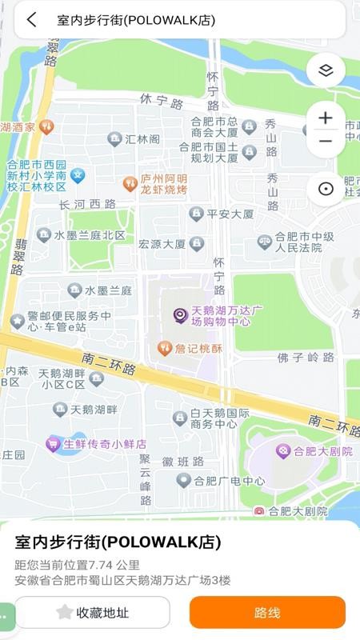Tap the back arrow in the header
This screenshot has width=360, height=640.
click(x=31, y=20)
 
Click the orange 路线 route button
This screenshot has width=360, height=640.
click(x=267, y=613)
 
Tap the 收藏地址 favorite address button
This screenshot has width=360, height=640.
click(x=92, y=613)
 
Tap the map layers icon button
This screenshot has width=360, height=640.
click(x=326, y=70)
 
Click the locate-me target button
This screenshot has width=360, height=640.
click(x=326, y=190)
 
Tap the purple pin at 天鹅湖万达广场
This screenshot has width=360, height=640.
click(x=181, y=315)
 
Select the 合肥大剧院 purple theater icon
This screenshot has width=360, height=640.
click(x=282, y=451)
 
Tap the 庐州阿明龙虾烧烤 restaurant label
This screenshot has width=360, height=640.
click(x=163, y=184)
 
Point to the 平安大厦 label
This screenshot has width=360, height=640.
click(x=229, y=214)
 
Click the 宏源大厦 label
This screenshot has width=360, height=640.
click(x=162, y=244)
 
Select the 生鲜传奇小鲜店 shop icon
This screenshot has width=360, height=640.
click(x=54, y=444)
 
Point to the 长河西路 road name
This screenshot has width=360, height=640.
click(x=88, y=205)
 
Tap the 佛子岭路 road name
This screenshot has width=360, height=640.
click(x=306, y=357)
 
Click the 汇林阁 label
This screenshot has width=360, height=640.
click(x=142, y=139)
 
